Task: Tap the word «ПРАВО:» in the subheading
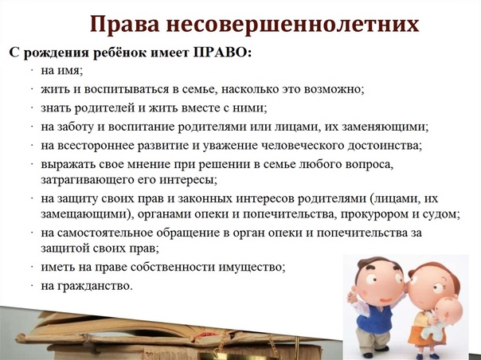[222, 53]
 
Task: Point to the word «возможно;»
[334, 89]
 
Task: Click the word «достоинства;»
[385, 146]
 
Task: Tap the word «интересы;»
[188, 179]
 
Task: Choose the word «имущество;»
[252, 267]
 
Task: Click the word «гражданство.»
[95, 286]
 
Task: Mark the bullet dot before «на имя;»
[32, 71]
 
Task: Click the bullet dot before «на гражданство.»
[32, 286]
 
